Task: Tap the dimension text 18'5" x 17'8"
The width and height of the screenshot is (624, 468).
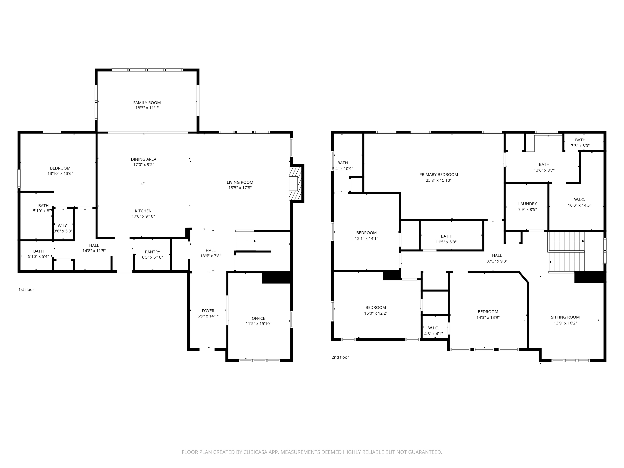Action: click(240, 188)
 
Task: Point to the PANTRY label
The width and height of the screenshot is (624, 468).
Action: click(152, 252)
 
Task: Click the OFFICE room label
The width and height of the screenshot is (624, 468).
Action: click(258, 318)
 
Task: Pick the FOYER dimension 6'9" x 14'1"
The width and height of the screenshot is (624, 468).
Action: click(208, 316)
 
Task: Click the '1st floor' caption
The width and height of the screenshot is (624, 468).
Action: click(26, 289)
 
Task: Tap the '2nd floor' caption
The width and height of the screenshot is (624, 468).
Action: click(340, 357)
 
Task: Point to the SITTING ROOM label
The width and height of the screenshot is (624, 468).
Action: click(565, 317)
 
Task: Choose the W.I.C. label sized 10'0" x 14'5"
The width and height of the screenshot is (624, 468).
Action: click(579, 199)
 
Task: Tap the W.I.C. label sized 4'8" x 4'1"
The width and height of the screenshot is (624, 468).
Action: click(433, 328)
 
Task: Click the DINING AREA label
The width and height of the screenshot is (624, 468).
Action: click(143, 159)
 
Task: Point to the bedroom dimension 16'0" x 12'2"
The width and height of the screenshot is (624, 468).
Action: click(375, 313)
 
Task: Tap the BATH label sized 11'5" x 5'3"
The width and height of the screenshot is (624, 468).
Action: click(446, 236)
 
